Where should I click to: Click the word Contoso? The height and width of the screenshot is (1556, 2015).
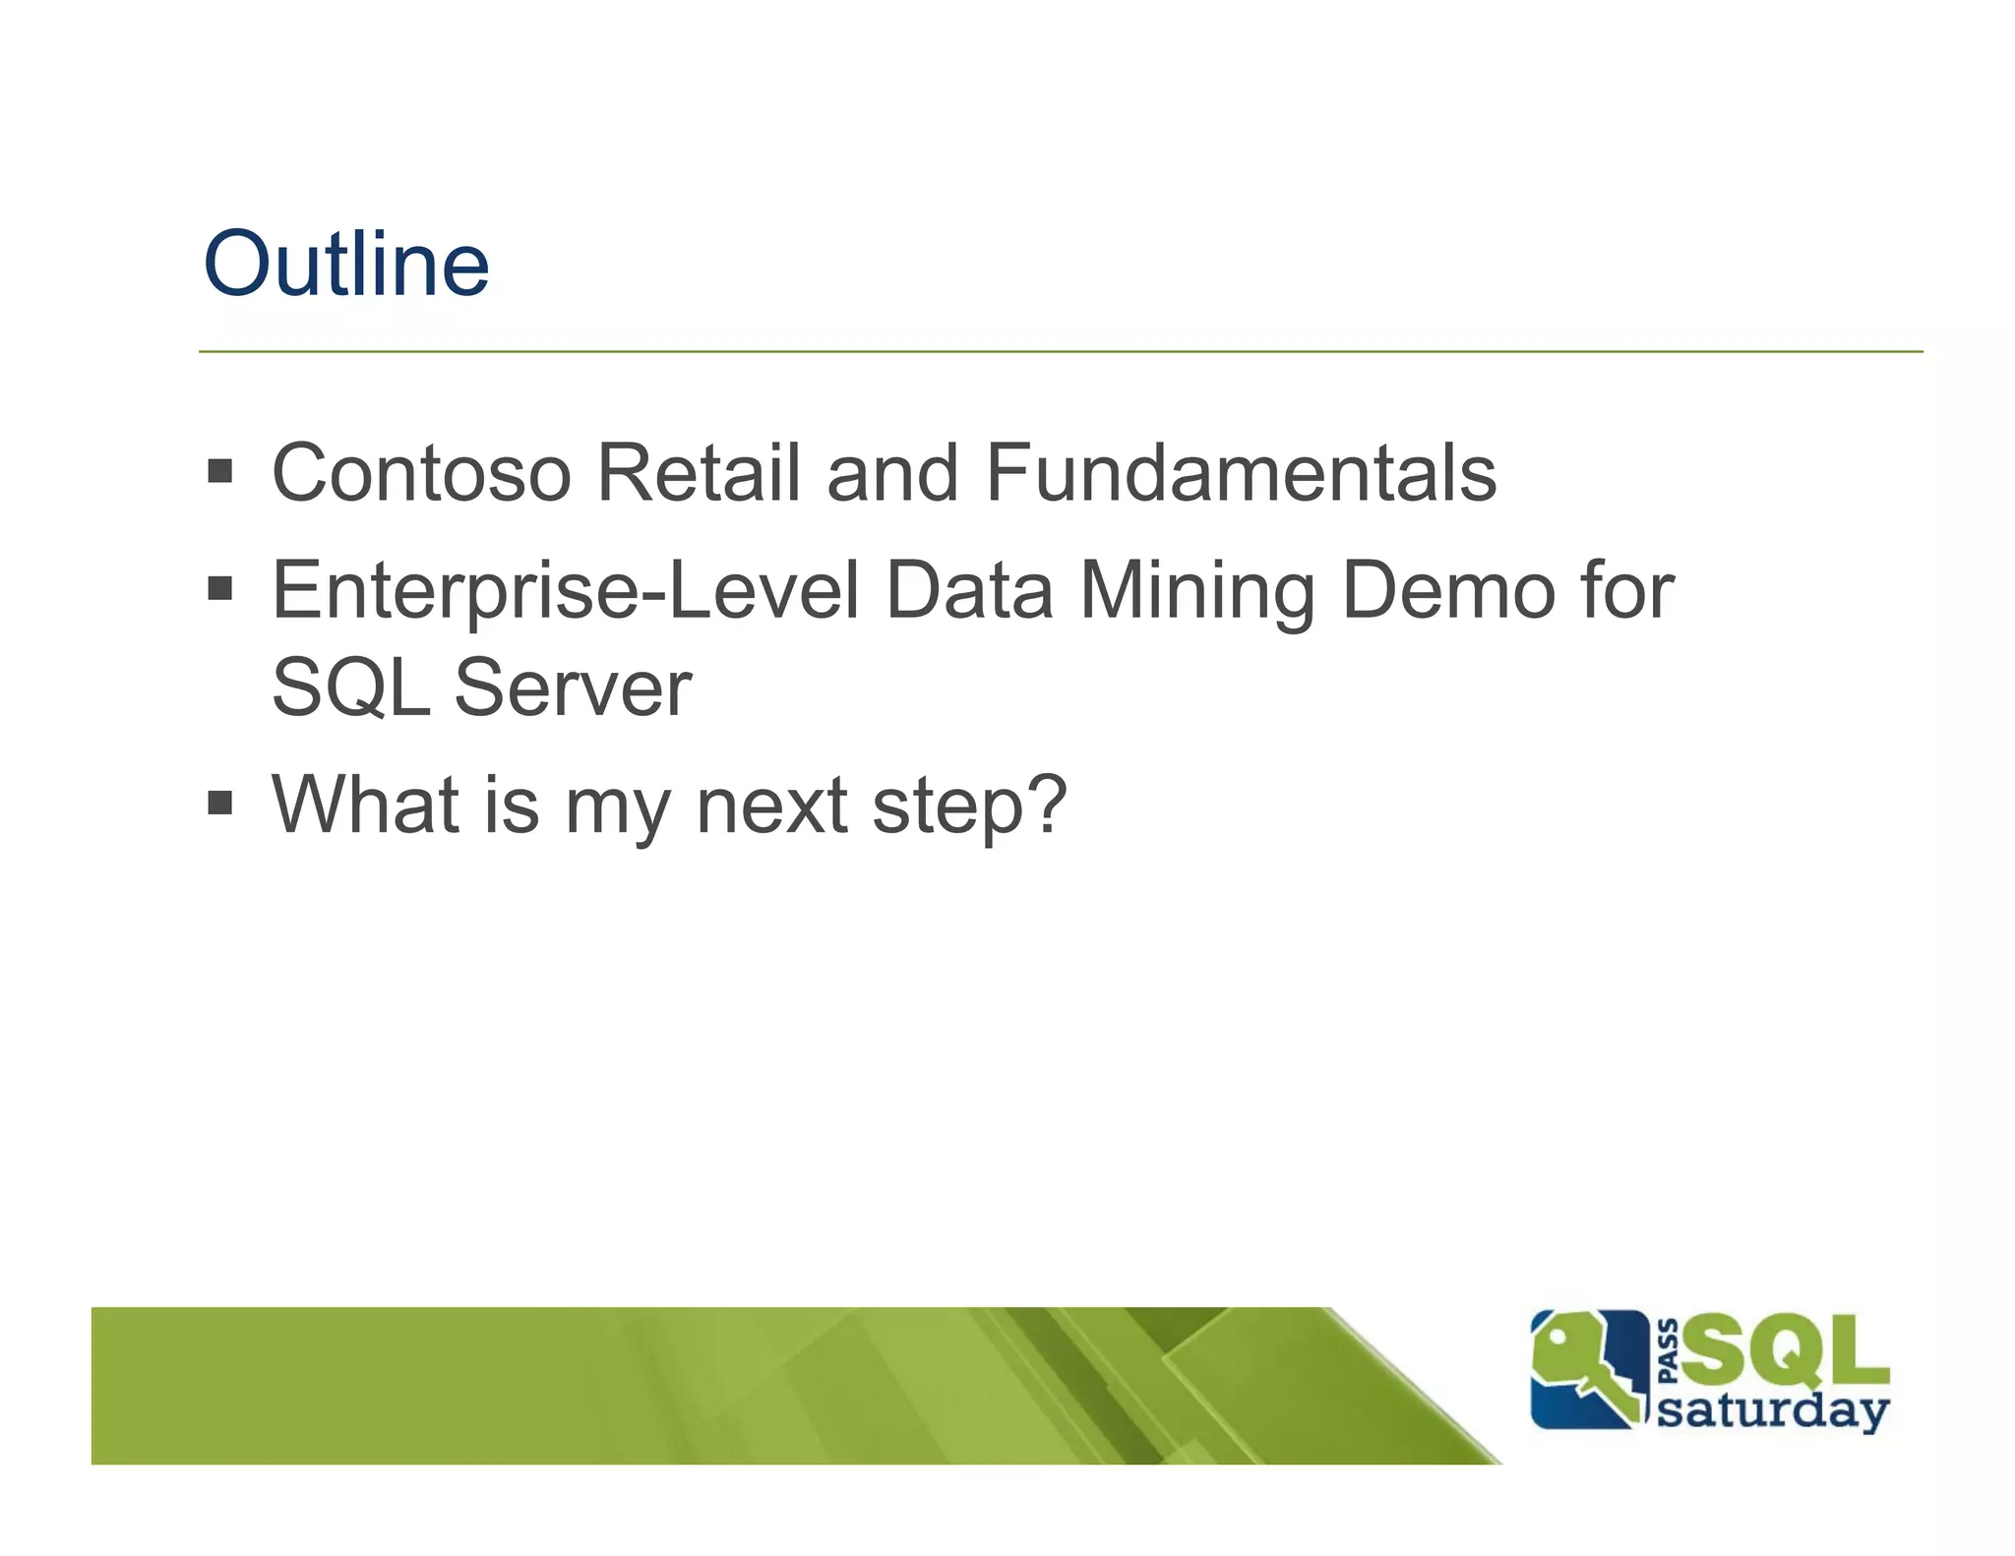click(421, 473)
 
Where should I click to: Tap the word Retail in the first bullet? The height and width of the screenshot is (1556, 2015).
click(698, 473)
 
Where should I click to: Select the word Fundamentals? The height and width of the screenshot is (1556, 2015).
click(1241, 473)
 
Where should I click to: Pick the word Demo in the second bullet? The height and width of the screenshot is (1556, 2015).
click(1447, 591)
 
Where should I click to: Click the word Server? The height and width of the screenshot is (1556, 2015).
click(573, 688)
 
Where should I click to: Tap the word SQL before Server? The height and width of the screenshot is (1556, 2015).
click(351, 688)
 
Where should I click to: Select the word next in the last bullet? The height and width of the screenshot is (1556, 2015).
click(772, 807)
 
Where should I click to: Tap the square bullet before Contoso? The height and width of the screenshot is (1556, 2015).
click(220, 471)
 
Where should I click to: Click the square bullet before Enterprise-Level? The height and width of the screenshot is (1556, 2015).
click(220, 589)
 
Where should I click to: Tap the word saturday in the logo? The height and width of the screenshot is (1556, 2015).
click(1773, 1410)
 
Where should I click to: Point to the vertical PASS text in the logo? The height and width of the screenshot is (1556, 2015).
click(1667, 1351)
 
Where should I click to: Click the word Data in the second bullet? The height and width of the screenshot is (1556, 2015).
click(969, 591)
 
